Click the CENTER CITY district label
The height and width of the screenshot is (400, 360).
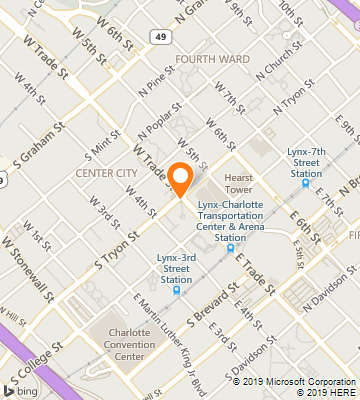(106, 173)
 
